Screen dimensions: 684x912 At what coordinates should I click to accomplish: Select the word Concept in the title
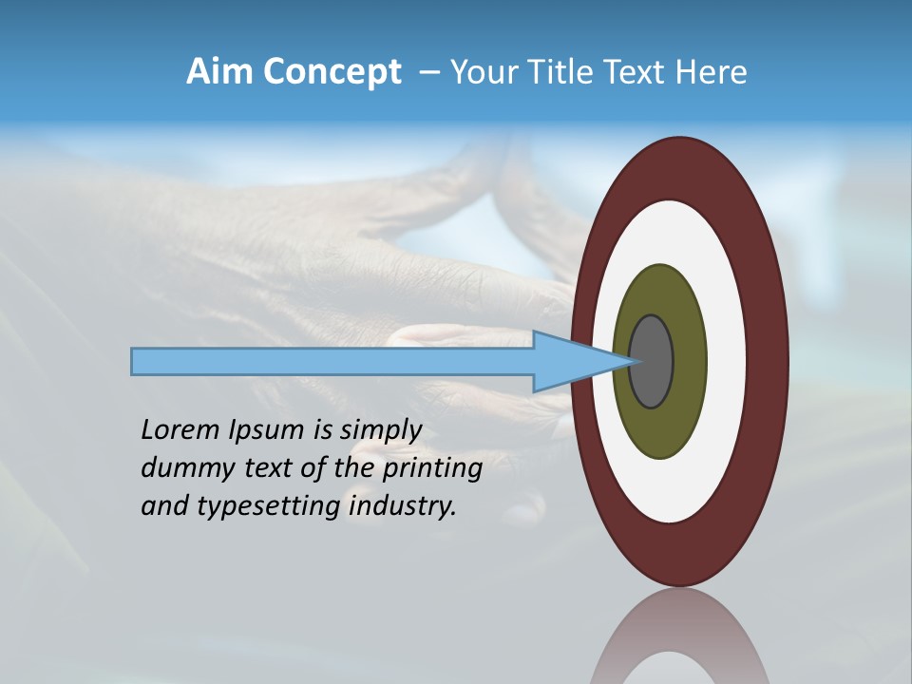coord(332,73)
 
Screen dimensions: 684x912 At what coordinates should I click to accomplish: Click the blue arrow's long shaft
coord(332,361)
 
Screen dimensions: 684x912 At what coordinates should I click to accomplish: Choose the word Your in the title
coord(481,71)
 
